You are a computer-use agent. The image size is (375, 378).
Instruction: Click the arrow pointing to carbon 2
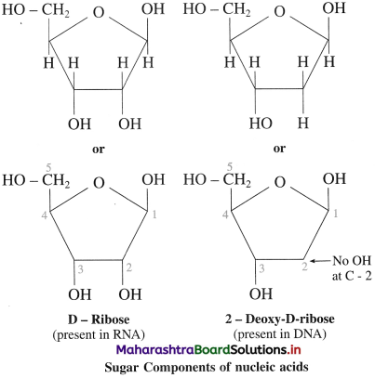(321, 261)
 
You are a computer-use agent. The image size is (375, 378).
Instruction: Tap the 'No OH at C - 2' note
(352, 268)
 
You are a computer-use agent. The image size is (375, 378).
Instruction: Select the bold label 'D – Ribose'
(99, 319)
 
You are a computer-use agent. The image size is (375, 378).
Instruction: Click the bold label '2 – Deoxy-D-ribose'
(280, 319)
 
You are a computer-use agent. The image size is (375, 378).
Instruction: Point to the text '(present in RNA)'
(99, 334)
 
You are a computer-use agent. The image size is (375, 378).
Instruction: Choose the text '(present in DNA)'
(280, 334)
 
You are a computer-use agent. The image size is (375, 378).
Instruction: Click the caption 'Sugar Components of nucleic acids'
(207, 368)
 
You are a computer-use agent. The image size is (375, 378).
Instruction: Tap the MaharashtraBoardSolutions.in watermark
(208, 350)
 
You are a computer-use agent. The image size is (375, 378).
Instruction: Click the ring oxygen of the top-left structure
(99, 13)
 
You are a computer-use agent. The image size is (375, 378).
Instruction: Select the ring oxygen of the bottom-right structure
(280, 182)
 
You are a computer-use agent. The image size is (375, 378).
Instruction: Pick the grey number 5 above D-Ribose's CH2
(48, 168)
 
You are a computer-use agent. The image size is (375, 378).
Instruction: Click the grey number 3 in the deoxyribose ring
(261, 268)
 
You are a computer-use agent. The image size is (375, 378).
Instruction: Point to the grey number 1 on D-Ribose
(154, 214)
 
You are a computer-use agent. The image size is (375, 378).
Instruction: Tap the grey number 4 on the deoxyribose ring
(225, 214)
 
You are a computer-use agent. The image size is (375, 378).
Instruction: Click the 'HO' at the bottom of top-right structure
(261, 124)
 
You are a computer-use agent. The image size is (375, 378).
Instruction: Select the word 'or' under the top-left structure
(99, 150)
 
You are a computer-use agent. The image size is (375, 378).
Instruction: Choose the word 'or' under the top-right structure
(279, 149)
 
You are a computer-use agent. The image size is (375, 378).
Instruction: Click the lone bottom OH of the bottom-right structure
(261, 293)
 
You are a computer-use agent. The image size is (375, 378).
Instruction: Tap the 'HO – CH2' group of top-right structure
(217, 10)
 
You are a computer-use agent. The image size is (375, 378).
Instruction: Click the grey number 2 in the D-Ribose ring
(129, 267)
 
